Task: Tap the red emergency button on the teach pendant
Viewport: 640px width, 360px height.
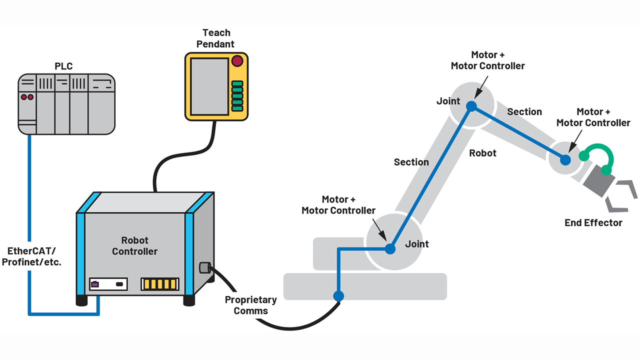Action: (236, 61)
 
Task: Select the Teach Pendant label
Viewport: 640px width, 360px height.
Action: (216, 38)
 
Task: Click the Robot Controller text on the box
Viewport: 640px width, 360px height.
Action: (134, 246)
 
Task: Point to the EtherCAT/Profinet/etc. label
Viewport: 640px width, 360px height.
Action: (31, 256)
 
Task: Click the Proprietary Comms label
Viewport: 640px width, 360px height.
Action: (250, 305)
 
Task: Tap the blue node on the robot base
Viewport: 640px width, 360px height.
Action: (338, 296)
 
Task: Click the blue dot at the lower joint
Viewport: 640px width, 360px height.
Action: (390, 248)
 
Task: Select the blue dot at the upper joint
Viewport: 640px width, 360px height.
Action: (470, 106)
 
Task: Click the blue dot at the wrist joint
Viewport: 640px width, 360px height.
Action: (565, 160)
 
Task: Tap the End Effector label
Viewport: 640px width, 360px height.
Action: (593, 223)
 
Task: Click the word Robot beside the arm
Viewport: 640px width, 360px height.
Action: (482, 153)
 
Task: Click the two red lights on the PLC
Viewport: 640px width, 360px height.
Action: (26, 96)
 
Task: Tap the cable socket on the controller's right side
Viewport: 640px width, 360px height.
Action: (204, 268)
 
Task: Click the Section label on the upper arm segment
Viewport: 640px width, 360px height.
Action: (524, 112)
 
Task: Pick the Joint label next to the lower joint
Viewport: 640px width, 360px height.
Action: (416, 244)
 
